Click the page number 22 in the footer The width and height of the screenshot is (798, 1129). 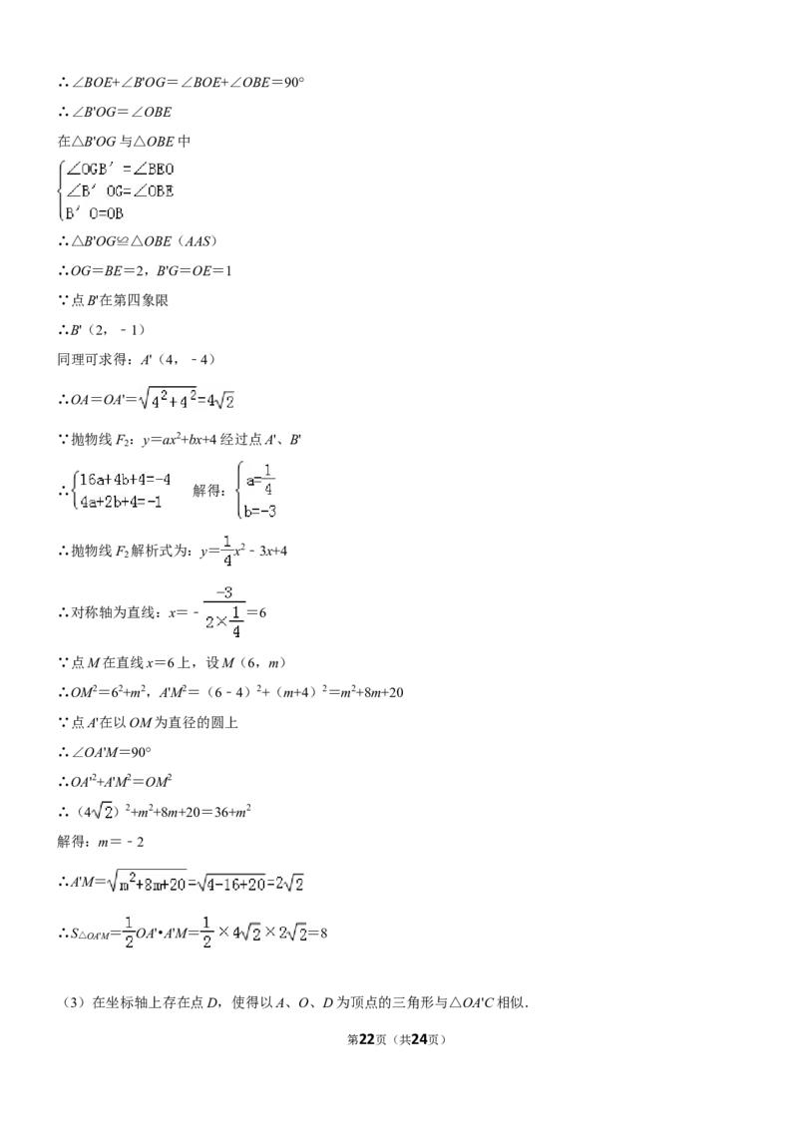click(367, 1039)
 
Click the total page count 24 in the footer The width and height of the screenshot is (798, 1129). click(420, 1039)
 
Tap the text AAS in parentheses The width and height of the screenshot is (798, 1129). click(198, 241)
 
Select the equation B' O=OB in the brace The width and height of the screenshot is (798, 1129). click(95, 213)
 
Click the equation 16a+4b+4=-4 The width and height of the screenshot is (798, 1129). click(126, 480)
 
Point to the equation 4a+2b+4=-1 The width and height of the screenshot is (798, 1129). click(121, 502)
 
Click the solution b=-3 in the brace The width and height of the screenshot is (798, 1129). click(260, 512)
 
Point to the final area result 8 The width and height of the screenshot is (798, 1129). click(323, 934)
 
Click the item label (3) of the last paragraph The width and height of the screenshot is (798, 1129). click(74, 1002)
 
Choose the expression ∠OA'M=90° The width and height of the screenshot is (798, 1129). click(112, 752)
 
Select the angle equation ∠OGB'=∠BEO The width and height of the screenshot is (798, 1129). click(121, 170)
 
